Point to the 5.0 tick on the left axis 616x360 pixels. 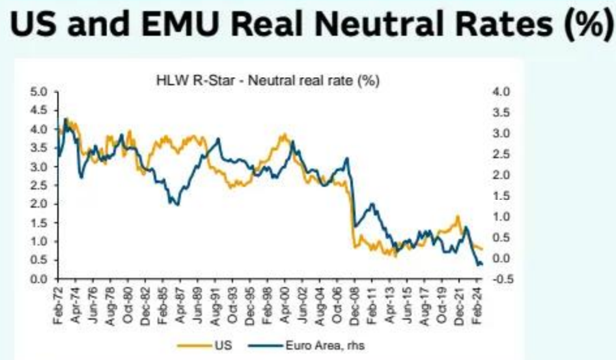40,91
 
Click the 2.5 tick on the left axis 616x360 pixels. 40,186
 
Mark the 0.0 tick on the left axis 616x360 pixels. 40,279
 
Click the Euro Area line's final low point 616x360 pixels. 479,264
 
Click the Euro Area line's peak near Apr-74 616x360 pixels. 66,119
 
